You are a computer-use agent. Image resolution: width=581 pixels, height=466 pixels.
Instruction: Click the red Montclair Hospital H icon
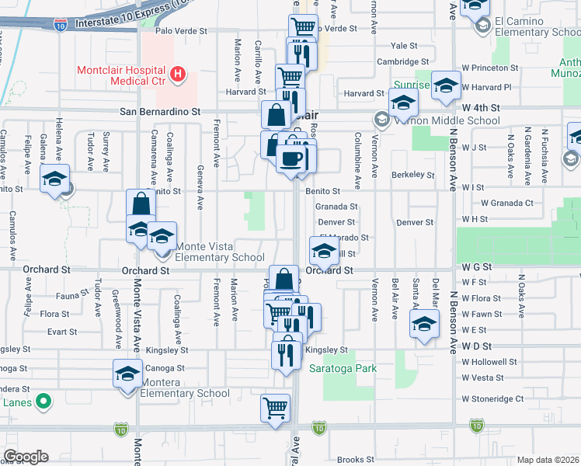coord(179,75)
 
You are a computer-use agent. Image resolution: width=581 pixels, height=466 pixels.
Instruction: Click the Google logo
coord(26,457)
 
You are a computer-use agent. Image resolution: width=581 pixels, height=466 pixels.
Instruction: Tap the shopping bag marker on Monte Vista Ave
coord(141,205)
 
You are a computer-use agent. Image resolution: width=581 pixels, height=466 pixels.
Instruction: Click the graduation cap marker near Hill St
coord(324,250)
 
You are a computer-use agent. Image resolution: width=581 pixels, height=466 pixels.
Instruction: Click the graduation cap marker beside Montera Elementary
coord(128,374)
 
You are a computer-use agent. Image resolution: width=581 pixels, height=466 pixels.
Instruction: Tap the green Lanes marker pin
coord(44,402)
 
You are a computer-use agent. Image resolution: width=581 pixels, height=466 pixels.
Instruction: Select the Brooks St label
coord(356,460)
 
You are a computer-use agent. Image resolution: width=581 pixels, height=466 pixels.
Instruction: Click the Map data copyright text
coord(548,460)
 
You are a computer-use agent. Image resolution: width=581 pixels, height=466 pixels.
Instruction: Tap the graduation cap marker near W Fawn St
coord(425,325)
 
